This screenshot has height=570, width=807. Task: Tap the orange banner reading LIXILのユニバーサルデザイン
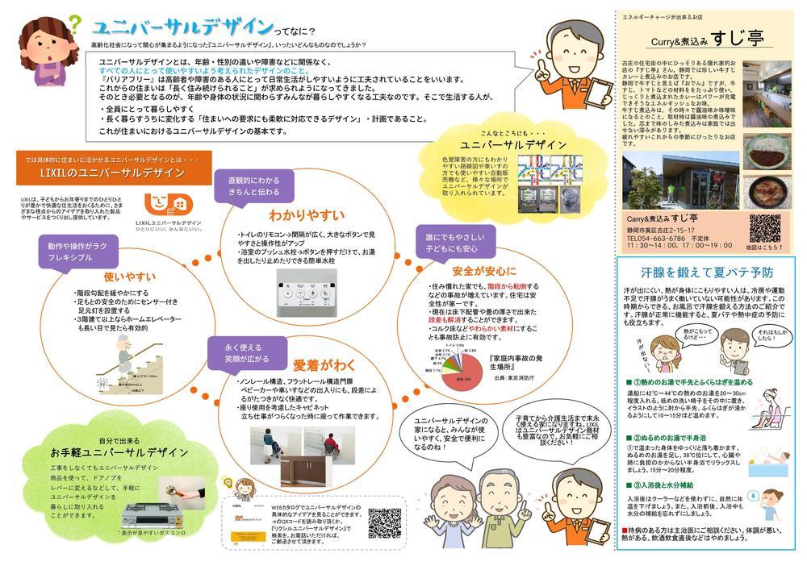pos(114,174)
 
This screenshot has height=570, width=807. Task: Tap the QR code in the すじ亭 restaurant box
pos(763,228)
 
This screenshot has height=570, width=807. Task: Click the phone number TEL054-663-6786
pos(667,239)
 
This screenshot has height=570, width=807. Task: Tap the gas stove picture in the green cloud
pos(153,515)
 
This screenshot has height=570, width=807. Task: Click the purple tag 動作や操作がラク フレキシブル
pos(73,252)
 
